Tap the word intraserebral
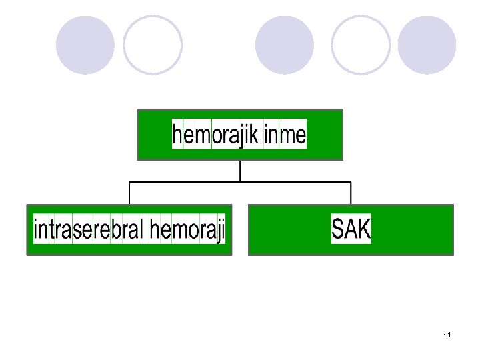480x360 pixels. pyautogui.click(x=88, y=230)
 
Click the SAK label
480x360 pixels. pyautogui.click(x=351, y=230)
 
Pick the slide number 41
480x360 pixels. pyautogui.click(x=447, y=333)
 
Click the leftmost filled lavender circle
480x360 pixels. pyautogui.click(x=85, y=45)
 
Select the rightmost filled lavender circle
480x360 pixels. pyautogui.click(x=427, y=45)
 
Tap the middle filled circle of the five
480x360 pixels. pyautogui.click(x=285, y=45)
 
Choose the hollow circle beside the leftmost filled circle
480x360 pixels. pyautogui.click(x=153, y=45)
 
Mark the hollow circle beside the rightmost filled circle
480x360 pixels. pyautogui.click(x=361, y=45)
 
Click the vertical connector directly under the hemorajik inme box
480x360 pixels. pyautogui.click(x=240, y=171)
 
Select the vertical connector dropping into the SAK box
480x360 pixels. pyautogui.click(x=351, y=193)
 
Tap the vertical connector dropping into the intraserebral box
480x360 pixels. pyautogui.click(x=129, y=193)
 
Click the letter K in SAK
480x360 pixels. pyautogui.click(x=363, y=230)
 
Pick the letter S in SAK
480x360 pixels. pyautogui.click(x=337, y=230)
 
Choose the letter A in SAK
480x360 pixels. pyautogui.click(x=350, y=230)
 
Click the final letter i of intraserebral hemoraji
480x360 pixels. pyautogui.click(x=223, y=230)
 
